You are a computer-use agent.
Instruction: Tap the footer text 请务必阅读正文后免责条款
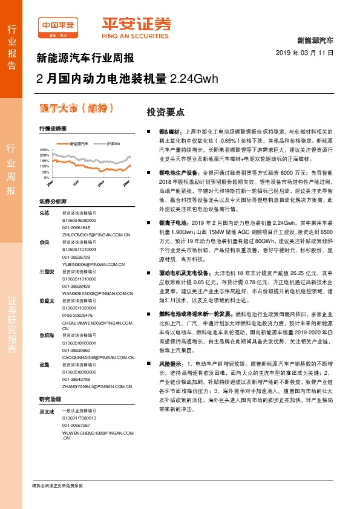[57, 485]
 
